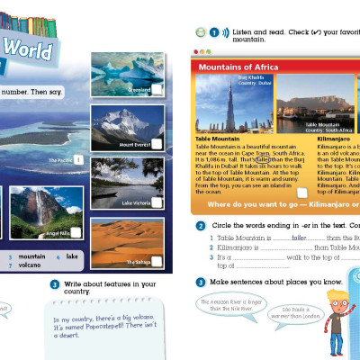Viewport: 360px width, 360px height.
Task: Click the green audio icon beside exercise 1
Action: click(200, 32)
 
